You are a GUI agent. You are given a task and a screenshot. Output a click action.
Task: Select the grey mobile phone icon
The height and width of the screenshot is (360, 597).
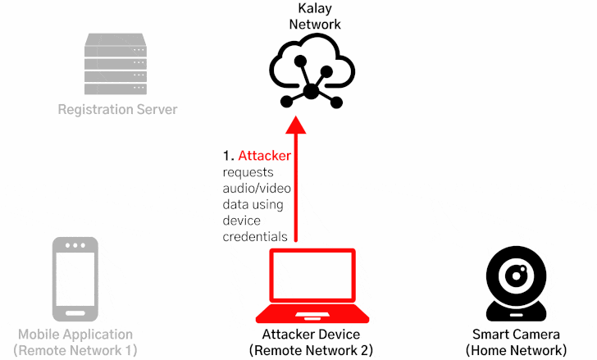pos(75,279)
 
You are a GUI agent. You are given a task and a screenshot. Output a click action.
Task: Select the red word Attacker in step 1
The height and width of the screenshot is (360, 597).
pos(264,156)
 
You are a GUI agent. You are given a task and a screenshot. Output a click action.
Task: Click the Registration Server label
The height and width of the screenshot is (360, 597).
pos(117,109)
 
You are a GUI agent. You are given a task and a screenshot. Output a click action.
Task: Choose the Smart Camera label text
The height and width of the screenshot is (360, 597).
pos(516,335)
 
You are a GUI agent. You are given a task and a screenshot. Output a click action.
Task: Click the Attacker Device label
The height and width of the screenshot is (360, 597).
pos(311,335)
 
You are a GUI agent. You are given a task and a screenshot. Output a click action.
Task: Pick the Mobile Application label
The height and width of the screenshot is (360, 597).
pos(75,335)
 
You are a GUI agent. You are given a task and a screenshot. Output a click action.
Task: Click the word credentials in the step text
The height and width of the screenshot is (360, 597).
pos(255,237)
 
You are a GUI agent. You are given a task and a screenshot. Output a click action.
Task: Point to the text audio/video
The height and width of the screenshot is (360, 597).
pos(257,189)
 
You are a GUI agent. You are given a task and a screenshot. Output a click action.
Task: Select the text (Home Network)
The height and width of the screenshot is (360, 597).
pos(516,350)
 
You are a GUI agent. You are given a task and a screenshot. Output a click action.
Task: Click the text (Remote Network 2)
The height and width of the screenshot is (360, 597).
pos(311,350)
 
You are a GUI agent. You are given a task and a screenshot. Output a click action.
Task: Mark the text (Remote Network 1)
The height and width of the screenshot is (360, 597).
pos(75,350)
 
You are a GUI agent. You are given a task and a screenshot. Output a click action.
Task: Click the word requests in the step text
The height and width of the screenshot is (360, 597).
pos(248,172)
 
